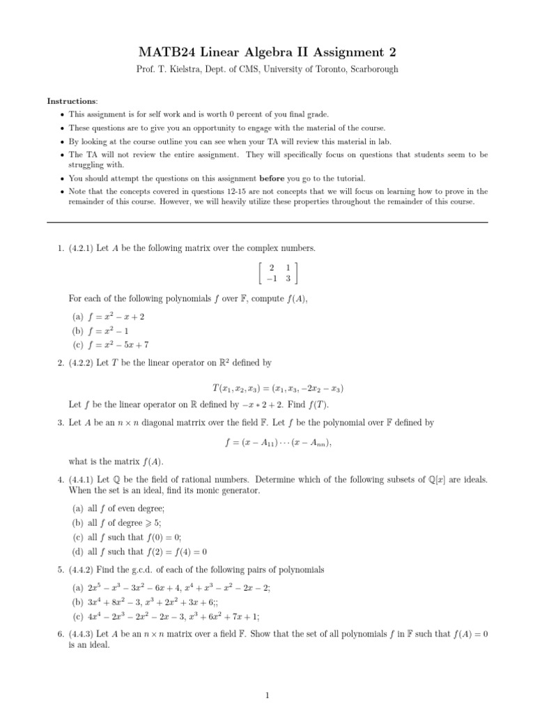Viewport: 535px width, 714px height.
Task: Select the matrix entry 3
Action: pyautogui.click(x=288, y=278)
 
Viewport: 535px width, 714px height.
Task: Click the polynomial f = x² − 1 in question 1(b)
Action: pyautogui.click(x=109, y=331)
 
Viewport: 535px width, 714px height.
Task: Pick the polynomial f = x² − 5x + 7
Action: pyautogui.click(x=118, y=344)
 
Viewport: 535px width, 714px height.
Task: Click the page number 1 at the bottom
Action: pyautogui.click(x=267, y=694)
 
